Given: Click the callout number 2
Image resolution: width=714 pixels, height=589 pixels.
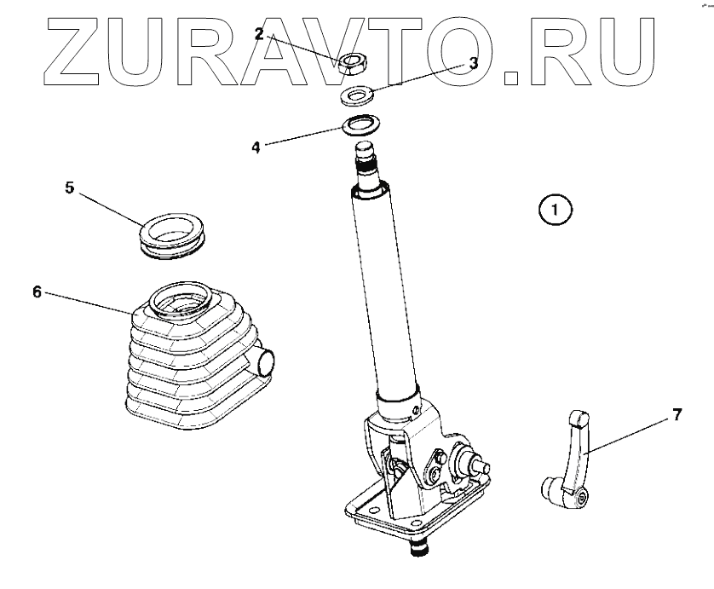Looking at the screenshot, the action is click(x=259, y=34).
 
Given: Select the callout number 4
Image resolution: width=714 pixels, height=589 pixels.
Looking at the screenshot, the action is click(x=255, y=146).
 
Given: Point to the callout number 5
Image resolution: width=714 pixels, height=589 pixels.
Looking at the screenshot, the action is click(x=70, y=187).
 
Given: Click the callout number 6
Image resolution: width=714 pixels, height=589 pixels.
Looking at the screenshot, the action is click(x=37, y=292).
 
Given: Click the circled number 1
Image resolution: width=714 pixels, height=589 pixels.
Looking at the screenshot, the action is click(x=555, y=209).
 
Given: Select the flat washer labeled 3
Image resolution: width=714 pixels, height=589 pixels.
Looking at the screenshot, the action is click(x=358, y=94).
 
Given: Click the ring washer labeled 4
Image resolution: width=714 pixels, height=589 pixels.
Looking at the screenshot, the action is click(x=362, y=126).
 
